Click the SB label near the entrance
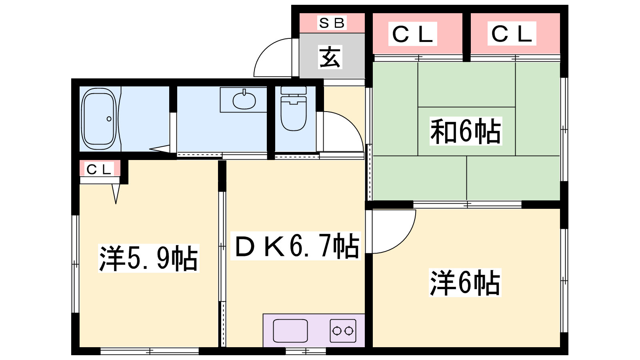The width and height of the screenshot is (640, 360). tap(332, 23)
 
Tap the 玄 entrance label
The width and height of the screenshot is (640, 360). tap(330, 58)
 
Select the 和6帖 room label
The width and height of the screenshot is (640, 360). tap(466, 131)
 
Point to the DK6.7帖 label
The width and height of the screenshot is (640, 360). tap(296, 246)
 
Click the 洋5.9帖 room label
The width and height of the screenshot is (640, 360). tap(148, 258)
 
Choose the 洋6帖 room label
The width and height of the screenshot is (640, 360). tap(465, 282)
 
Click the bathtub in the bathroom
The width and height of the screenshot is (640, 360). tap(99, 118)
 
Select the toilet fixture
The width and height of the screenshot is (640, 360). tap(294, 108)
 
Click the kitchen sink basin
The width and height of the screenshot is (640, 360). tap(290, 331)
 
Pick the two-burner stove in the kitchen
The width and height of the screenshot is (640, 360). tap(343, 331)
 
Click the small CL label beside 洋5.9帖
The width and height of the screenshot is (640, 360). tap(99, 170)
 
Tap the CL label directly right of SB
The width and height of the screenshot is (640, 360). tap(412, 34)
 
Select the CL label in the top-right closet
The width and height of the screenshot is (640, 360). tap(512, 34)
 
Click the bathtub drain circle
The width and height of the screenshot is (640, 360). tap(109, 118)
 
